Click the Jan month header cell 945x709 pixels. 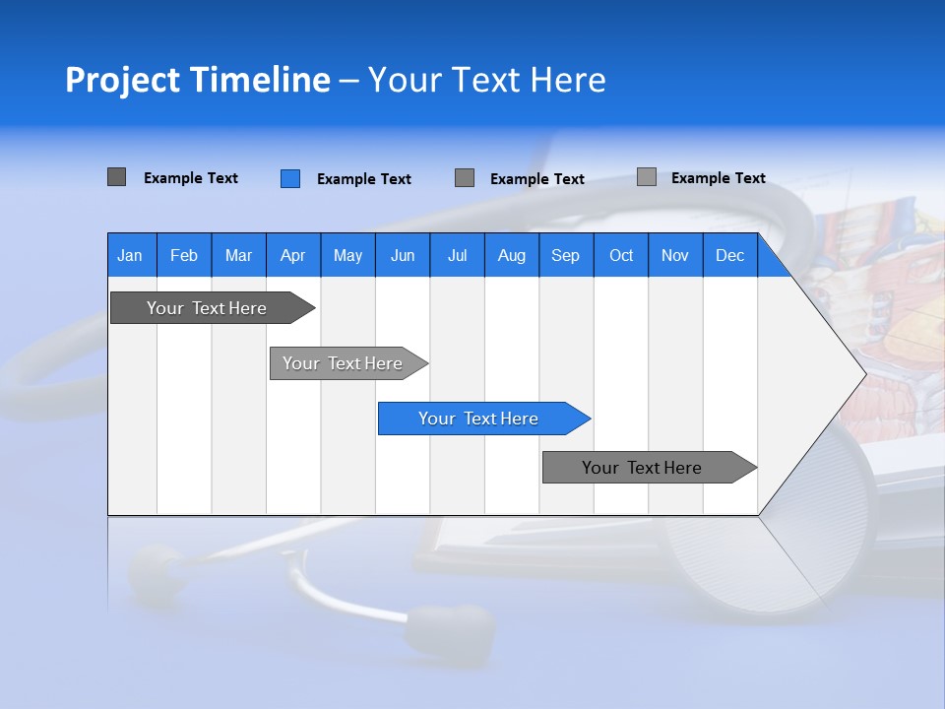pyautogui.click(x=130, y=255)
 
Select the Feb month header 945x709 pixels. pyautogui.click(x=184, y=255)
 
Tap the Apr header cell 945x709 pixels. pyautogui.click(x=292, y=255)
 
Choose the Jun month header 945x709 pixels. pyautogui.click(x=403, y=255)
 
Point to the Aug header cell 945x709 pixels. pyautogui.click(x=511, y=255)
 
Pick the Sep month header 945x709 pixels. pyautogui.click(x=565, y=255)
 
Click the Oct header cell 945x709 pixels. pyautogui.click(x=621, y=255)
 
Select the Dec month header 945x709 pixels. pyautogui.click(x=729, y=255)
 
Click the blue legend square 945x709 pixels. pyautogui.click(x=289, y=178)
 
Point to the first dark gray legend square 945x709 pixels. pyautogui.click(x=116, y=177)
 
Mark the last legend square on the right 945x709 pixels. pyautogui.click(x=646, y=177)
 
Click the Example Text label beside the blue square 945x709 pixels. pyautogui.click(x=363, y=179)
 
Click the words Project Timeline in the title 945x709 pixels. pyautogui.click(x=197, y=80)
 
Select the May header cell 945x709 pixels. pyautogui.click(x=347, y=255)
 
